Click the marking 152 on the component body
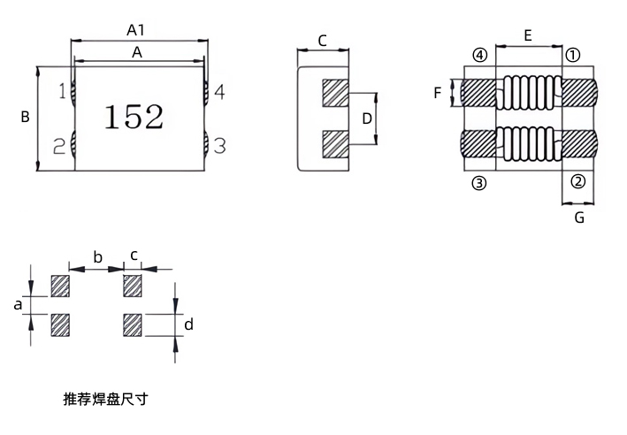tap(134, 117)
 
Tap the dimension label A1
tap(135, 30)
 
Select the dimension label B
tap(25, 117)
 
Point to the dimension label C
tap(322, 41)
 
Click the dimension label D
tap(367, 118)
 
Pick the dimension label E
tap(528, 36)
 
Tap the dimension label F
tap(438, 93)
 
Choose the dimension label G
tap(579, 217)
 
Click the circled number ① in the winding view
tap(573, 55)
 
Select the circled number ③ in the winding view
tap(479, 183)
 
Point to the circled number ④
tap(480, 55)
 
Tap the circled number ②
tap(578, 182)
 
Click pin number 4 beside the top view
tap(219, 92)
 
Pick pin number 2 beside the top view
tap(59, 147)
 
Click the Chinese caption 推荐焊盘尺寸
tap(105, 399)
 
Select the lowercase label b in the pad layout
tap(97, 257)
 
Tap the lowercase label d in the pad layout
tap(188, 324)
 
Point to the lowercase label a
tap(18, 305)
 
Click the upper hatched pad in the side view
tap(335, 93)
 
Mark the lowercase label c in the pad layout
tap(134, 256)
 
